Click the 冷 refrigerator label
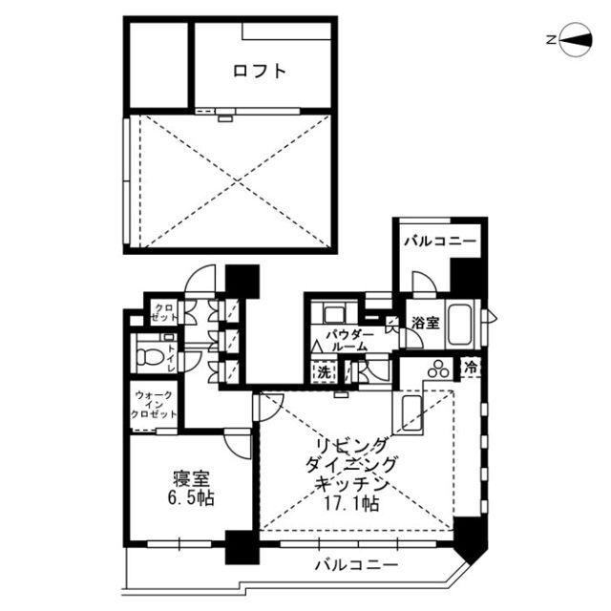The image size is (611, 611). pos(470,367)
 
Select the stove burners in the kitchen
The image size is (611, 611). pos(439,369)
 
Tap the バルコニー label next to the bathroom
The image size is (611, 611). pos(438,242)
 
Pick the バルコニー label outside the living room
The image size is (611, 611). pos(356,566)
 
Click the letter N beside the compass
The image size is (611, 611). pos(551,40)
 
